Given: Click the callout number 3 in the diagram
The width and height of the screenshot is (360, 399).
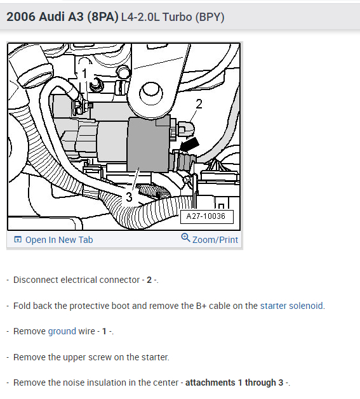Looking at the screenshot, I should point(129,197).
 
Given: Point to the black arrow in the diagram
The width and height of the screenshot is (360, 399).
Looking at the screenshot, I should point(189,147).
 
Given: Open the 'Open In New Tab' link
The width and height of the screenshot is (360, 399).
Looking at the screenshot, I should point(58,240).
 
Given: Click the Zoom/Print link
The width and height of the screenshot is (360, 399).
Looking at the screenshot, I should point(215,240).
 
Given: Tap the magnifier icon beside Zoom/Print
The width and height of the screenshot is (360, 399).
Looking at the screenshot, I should point(185,239).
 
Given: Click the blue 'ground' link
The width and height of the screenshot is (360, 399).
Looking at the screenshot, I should point(62,331).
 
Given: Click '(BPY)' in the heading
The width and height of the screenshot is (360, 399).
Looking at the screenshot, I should point(210,16).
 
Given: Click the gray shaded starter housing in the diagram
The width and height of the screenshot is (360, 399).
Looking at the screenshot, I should point(147,152).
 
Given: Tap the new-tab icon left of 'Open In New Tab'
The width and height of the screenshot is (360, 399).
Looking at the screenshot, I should point(17,240).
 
